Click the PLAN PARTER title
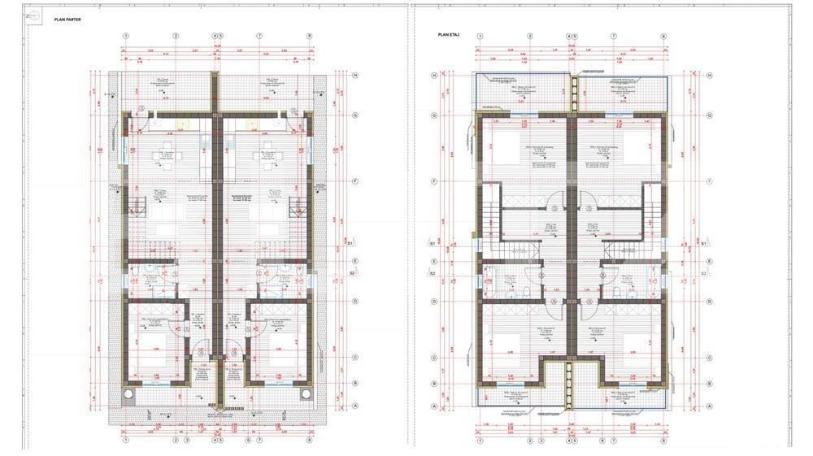point(67,19)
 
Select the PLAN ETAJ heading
point(450,34)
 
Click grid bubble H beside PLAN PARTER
point(355,76)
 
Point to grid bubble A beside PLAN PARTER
point(355,407)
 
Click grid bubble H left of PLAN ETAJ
point(434,76)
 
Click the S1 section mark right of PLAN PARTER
point(350,242)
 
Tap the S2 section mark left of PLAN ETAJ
point(433,274)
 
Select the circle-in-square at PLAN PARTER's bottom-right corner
point(307,394)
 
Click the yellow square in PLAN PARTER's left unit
point(183,124)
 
